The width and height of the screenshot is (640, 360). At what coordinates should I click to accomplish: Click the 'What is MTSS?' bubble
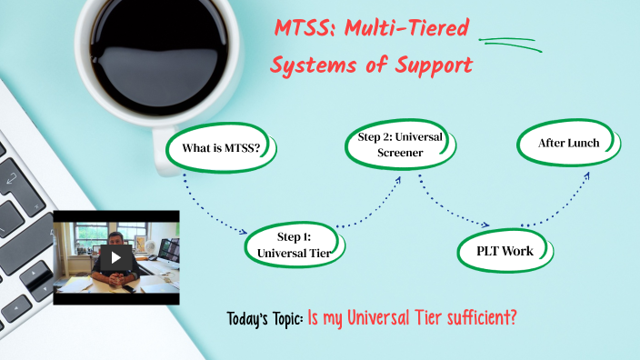tap(221, 148)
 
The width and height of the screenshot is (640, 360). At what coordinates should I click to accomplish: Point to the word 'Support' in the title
tap(435, 65)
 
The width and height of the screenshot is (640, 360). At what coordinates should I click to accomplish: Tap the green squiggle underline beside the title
tap(509, 42)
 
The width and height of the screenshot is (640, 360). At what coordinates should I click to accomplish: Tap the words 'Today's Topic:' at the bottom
tap(265, 319)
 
